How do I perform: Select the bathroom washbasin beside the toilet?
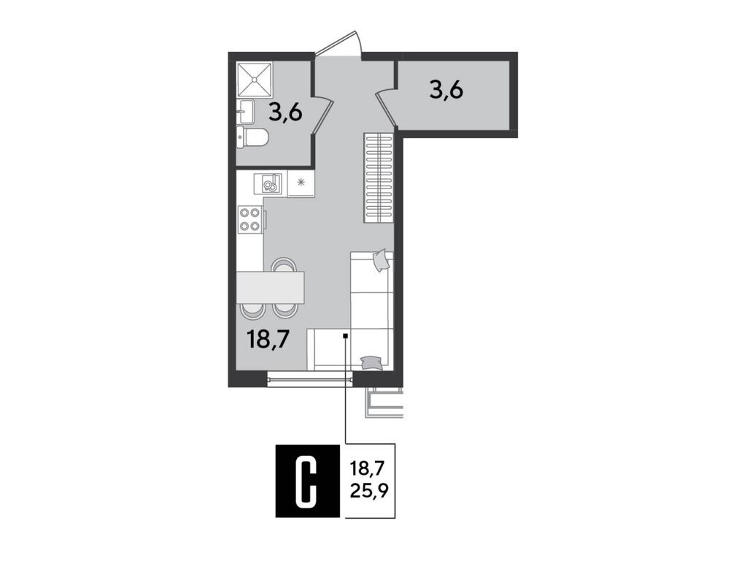click(x=245, y=112)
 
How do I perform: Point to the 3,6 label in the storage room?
click(x=447, y=91)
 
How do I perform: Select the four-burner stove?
click(x=249, y=219)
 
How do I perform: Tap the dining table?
click(x=270, y=287)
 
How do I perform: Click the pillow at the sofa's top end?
click(x=380, y=259)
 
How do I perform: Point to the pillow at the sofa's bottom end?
click(x=371, y=361)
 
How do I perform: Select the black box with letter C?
click(x=308, y=481)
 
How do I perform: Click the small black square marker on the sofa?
click(x=345, y=336)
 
